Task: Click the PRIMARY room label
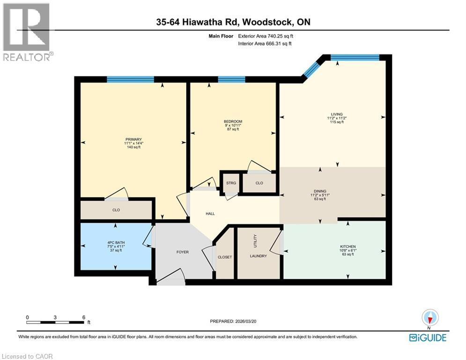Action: click(130, 139)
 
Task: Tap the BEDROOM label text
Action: click(233, 121)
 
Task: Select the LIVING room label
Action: click(336, 114)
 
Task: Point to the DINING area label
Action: click(320, 191)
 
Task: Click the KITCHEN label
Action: click(348, 247)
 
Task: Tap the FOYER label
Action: click(182, 252)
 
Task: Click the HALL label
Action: click(210, 214)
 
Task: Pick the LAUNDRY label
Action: click(258, 256)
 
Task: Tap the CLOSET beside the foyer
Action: click(225, 257)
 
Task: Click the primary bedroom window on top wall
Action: click(130, 79)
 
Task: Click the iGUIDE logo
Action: click(428, 337)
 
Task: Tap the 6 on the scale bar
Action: click(83, 317)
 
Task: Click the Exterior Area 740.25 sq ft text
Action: click(267, 36)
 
